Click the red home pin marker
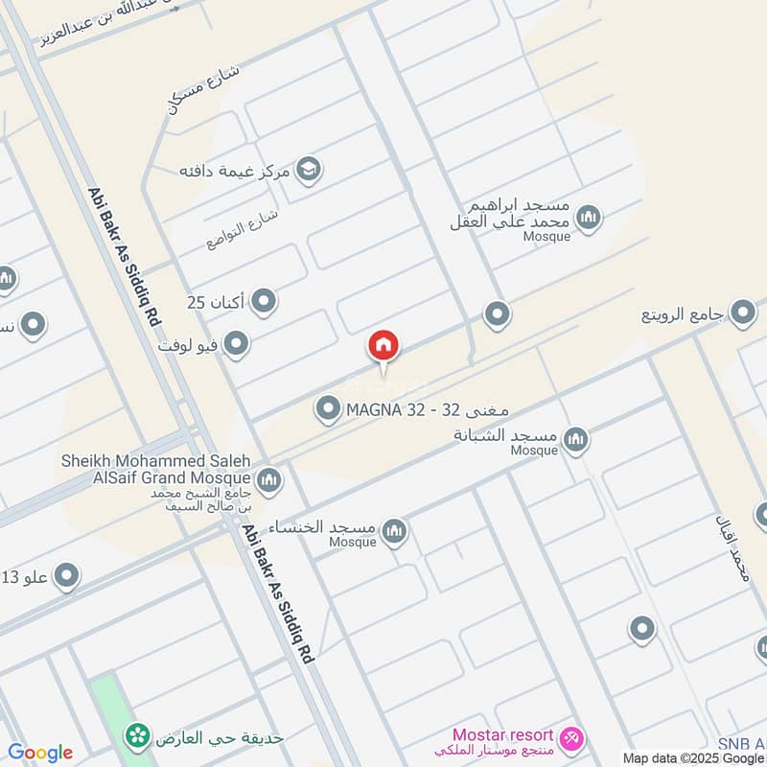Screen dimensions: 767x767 pyautogui.click(x=383, y=346)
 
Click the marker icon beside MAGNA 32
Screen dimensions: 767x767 pyautogui.click(x=329, y=410)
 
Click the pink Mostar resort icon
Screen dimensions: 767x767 pyautogui.click(x=572, y=738)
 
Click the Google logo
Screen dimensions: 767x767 pyautogui.click(x=40, y=753)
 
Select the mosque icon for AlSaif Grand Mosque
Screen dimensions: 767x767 pyautogui.click(x=269, y=478)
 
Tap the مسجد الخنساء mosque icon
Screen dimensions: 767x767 pyautogui.click(x=394, y=530)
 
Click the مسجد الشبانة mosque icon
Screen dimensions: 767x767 pyautogui.click(x=575, y=440)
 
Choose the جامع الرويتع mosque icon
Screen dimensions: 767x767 pyautogui.click(x=743, y=313)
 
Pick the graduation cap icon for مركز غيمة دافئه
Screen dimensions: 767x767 pyautogui.click(x=309, y=171)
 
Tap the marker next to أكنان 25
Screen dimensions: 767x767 pyautogui.click(x=264, y=303)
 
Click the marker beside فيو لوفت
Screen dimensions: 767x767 pyautogui.click(x=237, y=343)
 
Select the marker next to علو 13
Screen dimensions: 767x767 pyautogui.click(x=66, y=576)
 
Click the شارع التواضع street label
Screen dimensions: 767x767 pyautogui.click(x=242, y=228)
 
